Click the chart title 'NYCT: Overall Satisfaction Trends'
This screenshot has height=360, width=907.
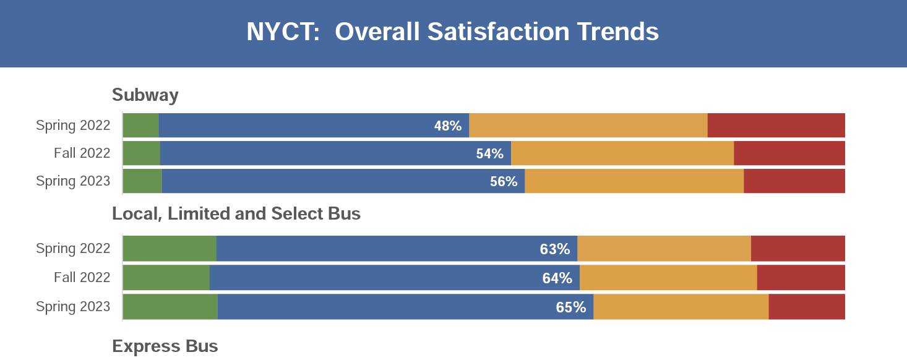[x=452, y=32]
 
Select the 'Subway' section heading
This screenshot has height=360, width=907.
[x=145, y=95]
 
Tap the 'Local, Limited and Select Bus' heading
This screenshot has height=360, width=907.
[x=236, y=214]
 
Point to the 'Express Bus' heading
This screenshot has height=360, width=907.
[x=165, y=346]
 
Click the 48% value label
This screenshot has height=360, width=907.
[x=448, y=126]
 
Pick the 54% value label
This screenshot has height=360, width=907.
[x=489, y=154]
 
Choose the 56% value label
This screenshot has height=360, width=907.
[x=503, y=182]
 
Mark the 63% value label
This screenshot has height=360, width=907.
[x=554, y=249]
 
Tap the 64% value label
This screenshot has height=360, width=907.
[x=557, y=278]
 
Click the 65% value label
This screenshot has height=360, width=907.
[x=570, y=307]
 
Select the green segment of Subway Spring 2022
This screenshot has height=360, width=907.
[x=140, y=126]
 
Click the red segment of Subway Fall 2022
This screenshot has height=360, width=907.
[x=789, y=153]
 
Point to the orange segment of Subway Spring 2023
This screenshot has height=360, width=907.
[x=634, y=181]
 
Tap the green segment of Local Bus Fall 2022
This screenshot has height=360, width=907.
[x=166, y=278]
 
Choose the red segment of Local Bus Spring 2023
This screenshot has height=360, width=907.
[x=806, y=307]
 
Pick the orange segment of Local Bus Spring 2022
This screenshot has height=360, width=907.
[x=663, y=249]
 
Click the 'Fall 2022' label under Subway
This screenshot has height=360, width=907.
[x=82, y=153]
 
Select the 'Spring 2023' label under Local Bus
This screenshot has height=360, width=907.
[x=73, y=307]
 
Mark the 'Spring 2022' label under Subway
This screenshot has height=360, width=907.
[x=73, y=126]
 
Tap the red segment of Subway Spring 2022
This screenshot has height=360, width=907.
[x=776, y=126]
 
